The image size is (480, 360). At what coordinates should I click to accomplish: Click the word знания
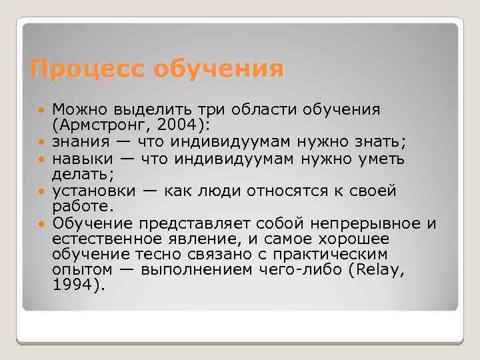coord(83,141)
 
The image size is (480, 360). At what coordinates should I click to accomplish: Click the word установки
coord(94,191)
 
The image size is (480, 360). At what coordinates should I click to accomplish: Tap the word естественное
coord(109,238)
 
